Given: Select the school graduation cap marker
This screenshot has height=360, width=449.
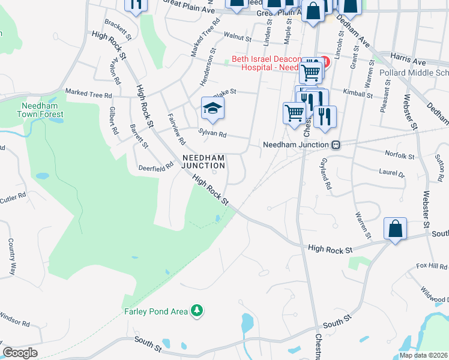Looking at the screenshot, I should pos(212,109).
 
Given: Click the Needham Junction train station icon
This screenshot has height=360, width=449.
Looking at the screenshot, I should pos(337,145).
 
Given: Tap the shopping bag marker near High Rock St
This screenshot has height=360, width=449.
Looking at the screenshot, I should pos(395,229).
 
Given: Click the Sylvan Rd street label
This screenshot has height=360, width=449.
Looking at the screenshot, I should pos(213,134).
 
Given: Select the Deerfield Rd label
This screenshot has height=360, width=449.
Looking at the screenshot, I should pos(155,168).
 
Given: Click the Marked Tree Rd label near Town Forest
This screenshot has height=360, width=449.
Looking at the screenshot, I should pos(88,95).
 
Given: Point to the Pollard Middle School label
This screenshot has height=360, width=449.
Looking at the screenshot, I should pos(414,73).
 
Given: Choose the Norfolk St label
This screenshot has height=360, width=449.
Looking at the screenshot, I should pos(400,156).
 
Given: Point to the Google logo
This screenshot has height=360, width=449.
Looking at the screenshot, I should pos(20,352).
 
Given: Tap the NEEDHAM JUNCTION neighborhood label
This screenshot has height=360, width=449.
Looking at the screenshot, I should pos(203,161).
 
